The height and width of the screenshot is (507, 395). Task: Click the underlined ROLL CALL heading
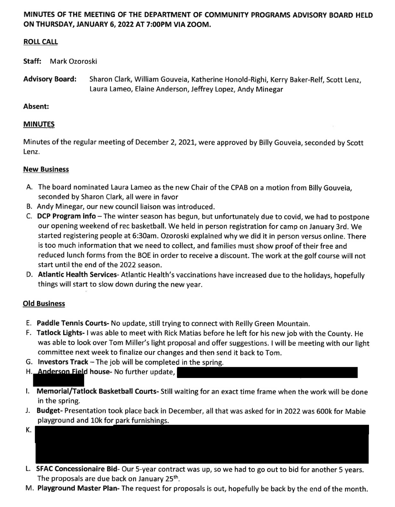pyautogui.click(x=41, y=42)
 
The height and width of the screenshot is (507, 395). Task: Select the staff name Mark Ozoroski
pyautogui.click(x=73, y=61)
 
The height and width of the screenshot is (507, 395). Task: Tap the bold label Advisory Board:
pyautogui.click(x=50, y=79)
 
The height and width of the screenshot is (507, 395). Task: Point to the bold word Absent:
pyautogui.click(x=36, y=106)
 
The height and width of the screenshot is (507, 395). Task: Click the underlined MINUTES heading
pyautogui.click(x=39, y=124)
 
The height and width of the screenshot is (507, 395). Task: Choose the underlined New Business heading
pyautogui.click(x=46, y=169)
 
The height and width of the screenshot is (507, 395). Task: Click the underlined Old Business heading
pyautogui.click(x=44, y=303)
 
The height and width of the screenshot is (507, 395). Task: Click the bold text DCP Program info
pyautogui.click(x=67, y=216)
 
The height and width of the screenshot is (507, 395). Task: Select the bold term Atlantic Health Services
pyautogui.click(x=77, y=275)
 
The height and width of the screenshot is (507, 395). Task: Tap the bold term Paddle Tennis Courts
pyautogui.click(x=72, y=323)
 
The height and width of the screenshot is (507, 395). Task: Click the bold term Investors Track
pyautogui.click(x=63, y=362)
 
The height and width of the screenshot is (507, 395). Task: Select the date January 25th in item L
pyautogui.click(x=159, y=479)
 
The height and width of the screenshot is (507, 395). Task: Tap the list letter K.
pyautogui.click(x=29, y=430)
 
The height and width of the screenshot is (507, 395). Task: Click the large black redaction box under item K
pyautogui.click(x=202, y=444)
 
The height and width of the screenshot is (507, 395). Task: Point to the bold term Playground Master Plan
pyautogui.click(x=77, y=489)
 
